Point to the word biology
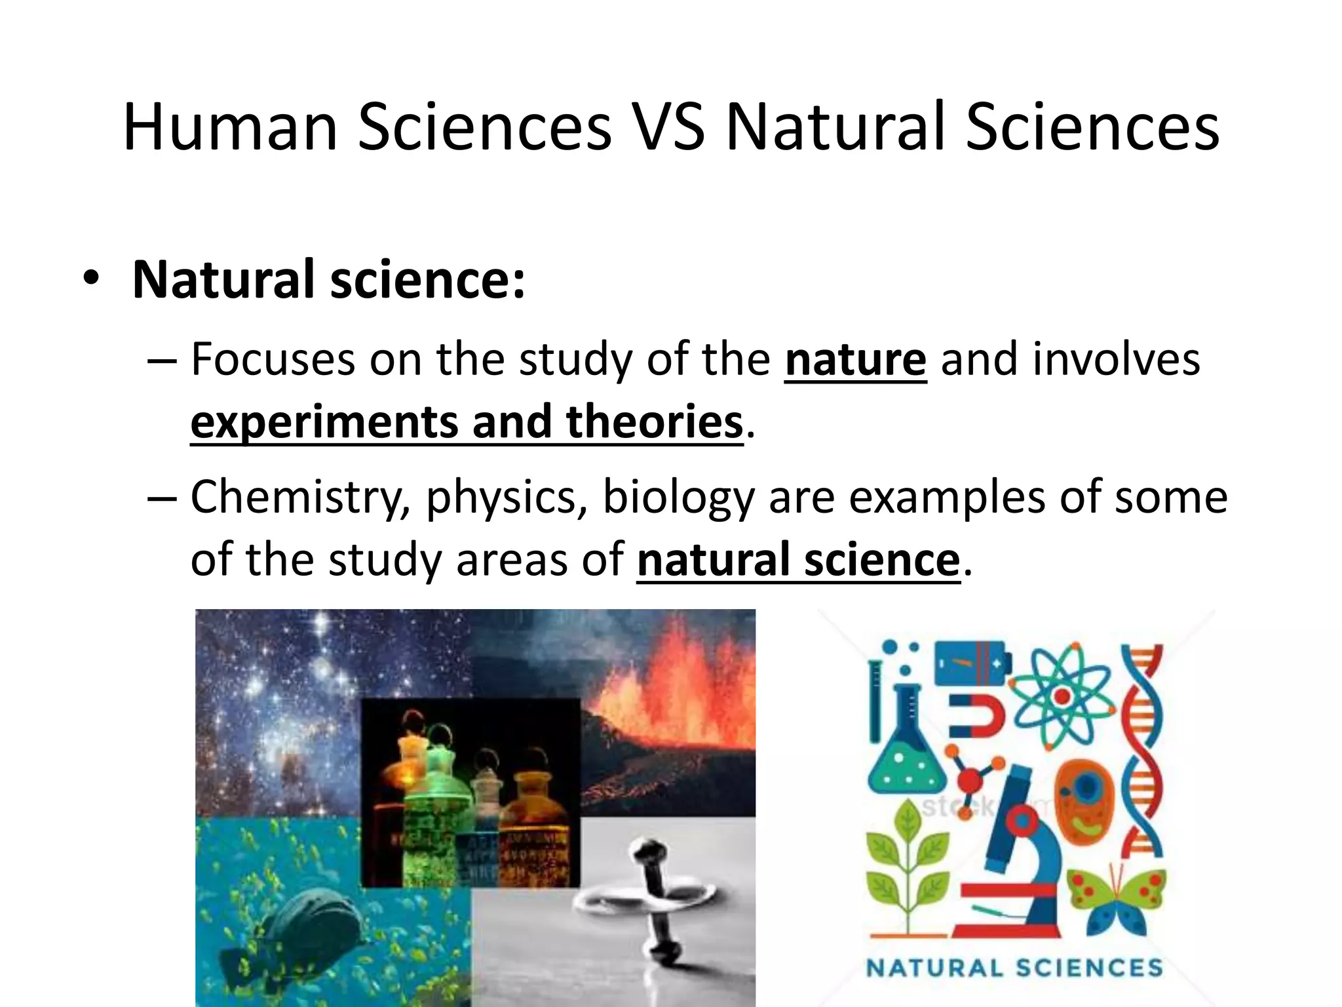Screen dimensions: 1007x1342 click(678, 498)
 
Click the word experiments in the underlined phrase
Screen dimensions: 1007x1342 click(325, 423)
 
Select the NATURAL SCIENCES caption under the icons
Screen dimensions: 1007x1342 click(1014, 968)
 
